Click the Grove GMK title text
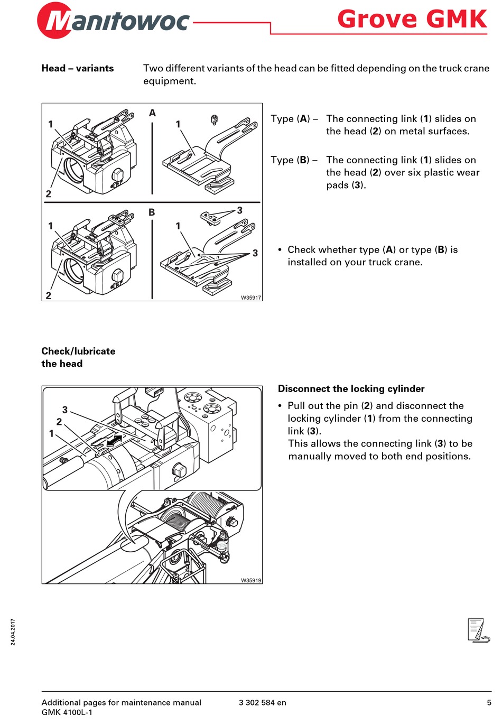click(x=412, y=19)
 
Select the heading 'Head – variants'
click(x=78, y=68)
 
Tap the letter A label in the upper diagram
click(x=152, y=113)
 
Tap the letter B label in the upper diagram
click(x=152, y=212)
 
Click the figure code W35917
click(x=251, y=298)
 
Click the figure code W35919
click(x=251, y=580)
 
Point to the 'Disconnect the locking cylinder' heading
click(x=351, y=389)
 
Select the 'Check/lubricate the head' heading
click(x=78, y=357)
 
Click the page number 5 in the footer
click(x=489, y=702)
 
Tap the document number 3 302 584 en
click(x=262, y=702)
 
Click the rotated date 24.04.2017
click(x=13, y=632)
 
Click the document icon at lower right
click(x=478, y=630)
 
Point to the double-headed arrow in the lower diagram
click(x=114, y=441)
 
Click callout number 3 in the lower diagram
click(x=65, y=410)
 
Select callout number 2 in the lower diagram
click(x=59, y=422)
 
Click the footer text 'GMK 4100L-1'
click(x=67, y=712)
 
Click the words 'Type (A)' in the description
click(x=290, y=119)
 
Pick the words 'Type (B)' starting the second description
click(x=290, y=160)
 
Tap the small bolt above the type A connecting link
click(x=214, y=119)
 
